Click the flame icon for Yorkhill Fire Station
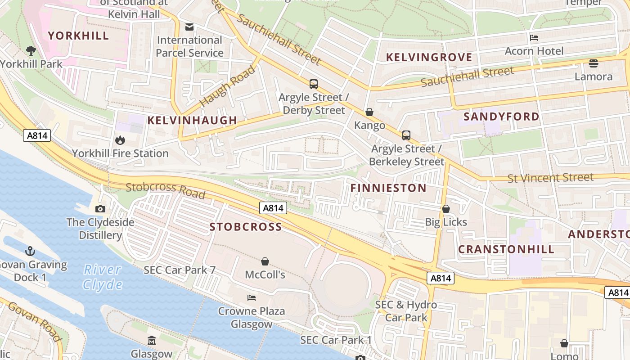[x=120, y=140]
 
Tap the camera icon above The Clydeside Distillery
[x=100, y=209]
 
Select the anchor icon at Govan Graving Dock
[x=30, y=251]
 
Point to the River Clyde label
[x=103, y=277]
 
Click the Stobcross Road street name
[x=165, y=190]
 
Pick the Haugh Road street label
[x=227, y=86]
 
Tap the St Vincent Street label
[x=550, y=178]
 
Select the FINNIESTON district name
[x=388, y=188]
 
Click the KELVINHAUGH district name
[x=192, y=120]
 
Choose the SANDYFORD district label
[x=501, y=117]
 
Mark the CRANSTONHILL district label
[x=506, y=249]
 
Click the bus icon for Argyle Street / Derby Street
[x=314, y=84]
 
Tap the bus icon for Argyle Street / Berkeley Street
[x=406, y=135]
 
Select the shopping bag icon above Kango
[x=369, y=112]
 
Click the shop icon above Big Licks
[x=446, y=209]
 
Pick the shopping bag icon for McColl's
[x=265, y=261]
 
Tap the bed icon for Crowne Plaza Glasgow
[x=252, y=298]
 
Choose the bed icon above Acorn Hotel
[x=534, y=37]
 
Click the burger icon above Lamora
[x=593, y=63]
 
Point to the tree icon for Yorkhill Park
[x=31, y=50]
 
